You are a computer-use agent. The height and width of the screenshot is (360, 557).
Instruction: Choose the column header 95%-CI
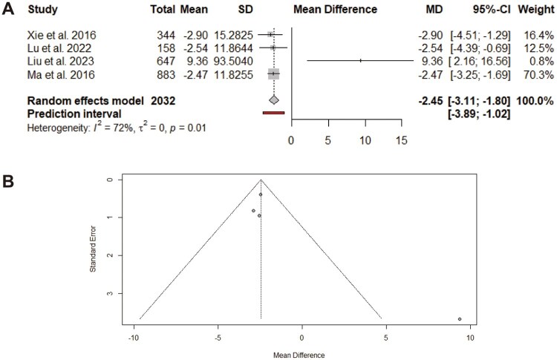(x=486, y=10)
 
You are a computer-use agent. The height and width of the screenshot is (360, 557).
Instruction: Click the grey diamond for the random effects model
(x=274, y=99)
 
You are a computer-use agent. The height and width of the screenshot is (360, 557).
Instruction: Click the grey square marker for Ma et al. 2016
(x=274, y=74)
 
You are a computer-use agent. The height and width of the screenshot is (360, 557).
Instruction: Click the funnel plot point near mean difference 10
(x=460, y=319)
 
